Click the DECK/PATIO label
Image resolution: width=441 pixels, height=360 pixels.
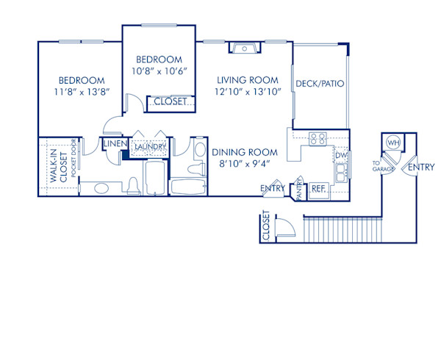[x=319, y=84]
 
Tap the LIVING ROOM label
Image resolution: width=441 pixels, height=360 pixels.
[x=246, y=79]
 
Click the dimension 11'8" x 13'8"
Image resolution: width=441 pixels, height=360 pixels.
[x=82, y=92]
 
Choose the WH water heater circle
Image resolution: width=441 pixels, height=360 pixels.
[x=392, y=143]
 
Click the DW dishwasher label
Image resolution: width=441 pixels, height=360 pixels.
[x=340, y=156]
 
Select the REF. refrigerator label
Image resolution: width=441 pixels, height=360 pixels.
[x=319, y=188]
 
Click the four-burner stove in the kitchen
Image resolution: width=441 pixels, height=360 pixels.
[x=318, y=138]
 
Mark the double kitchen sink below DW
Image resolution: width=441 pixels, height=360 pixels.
[x=340, y=171]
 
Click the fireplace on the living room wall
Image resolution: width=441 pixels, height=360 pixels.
[x=243, y=48]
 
